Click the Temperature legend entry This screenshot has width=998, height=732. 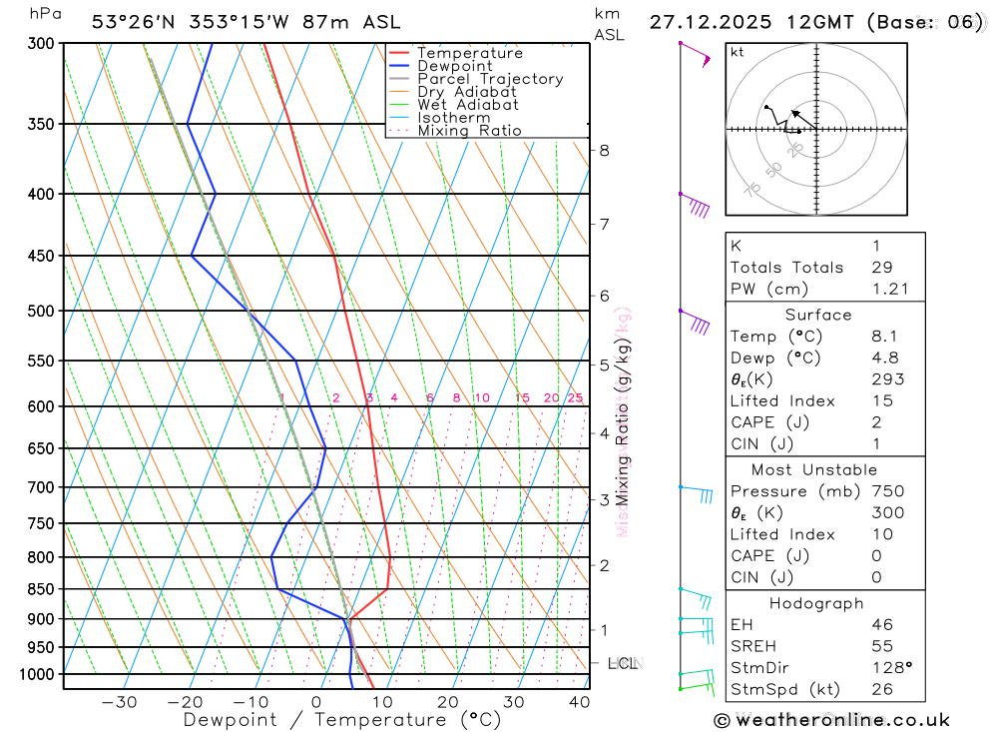click(469, 53)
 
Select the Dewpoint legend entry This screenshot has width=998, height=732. click(455, 66)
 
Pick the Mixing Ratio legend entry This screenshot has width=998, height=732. click(469, 131)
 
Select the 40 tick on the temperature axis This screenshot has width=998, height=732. click(579, 702)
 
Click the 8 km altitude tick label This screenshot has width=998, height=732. click(604, 151)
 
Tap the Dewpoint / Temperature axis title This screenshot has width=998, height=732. click(342, 720)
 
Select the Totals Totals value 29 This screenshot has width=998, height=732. click(881, 268)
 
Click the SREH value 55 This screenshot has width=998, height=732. click(881, 647)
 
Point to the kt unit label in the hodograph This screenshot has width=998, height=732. click(738, 53)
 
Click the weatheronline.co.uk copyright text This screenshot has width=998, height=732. click(831, 719)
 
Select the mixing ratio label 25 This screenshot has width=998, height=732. click(575, 398)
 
